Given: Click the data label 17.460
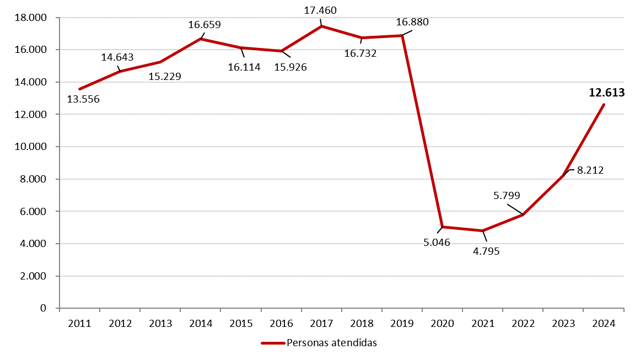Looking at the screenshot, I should click(320, 10).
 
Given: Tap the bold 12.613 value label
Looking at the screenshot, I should click(606, 93).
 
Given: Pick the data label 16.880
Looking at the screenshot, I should click(412, 22).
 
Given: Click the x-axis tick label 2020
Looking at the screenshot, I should click(442, 324).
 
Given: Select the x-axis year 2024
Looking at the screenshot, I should click(604, 324).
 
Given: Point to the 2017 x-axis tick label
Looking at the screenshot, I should click(321, 324).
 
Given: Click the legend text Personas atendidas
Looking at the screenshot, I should click(332, 343).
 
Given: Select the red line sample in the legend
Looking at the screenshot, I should click(273, 343).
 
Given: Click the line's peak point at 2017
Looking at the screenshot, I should click(321, 26).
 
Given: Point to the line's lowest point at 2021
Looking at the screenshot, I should click(483, 230).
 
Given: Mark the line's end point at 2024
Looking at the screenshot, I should click(604, 104).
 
